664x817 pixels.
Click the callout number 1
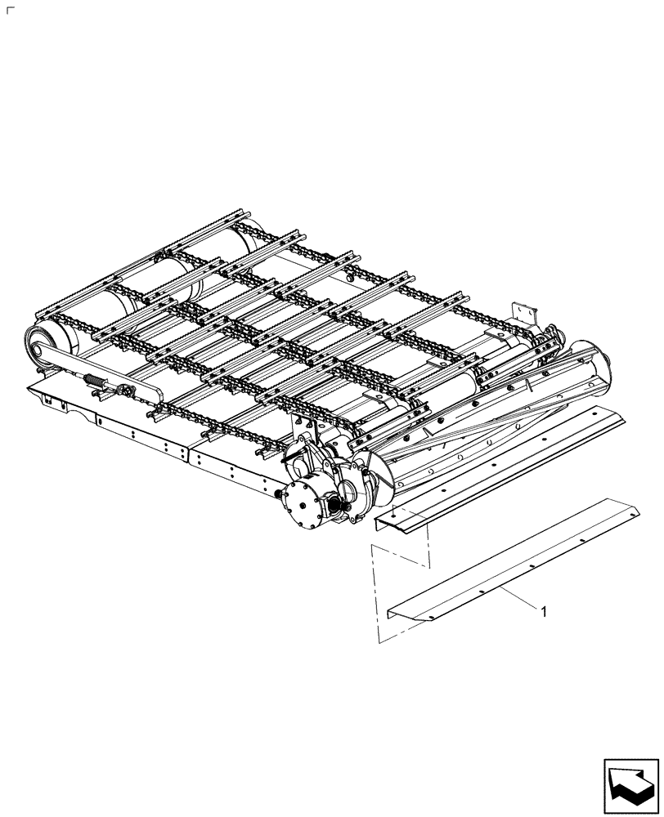tap(542, 609)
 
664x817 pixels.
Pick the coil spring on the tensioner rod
tap(96, 381)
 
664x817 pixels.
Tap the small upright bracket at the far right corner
tap(522, 314)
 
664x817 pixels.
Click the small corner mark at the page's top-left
tap(9, 11)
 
